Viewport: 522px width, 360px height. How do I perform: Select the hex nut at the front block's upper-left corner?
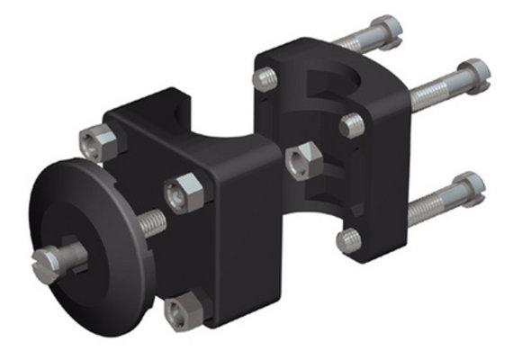click(98, 142)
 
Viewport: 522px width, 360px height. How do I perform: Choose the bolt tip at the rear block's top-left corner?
click(265, 79)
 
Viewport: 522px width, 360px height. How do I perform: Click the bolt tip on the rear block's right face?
click(353, 125)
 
